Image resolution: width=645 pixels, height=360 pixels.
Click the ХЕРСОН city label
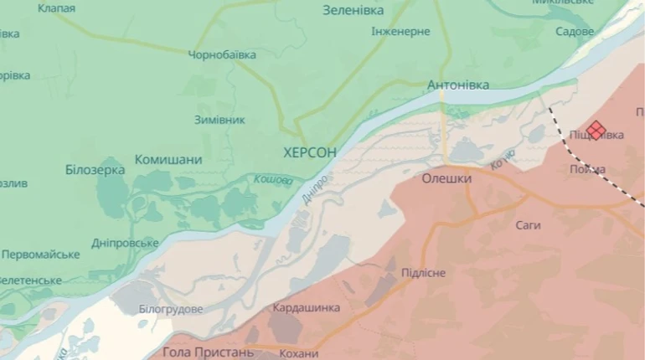point(310,152)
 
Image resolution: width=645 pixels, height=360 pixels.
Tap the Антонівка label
point(457,85)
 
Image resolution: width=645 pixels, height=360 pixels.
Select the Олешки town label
point(446,178)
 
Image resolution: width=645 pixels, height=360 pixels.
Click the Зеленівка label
point(353,11)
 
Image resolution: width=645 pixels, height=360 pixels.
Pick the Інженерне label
point(400,32)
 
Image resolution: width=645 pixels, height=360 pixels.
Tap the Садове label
point(575,31)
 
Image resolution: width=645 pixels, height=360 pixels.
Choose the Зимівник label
point(219,120)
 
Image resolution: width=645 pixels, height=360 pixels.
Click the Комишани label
point(168,160)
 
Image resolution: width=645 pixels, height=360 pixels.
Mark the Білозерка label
point(95,170)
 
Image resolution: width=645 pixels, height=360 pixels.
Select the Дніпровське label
point(125,243)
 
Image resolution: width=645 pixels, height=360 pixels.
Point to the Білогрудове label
point(171,309)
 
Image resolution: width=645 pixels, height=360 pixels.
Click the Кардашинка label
point(307,307)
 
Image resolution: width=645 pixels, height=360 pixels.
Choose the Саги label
point(528,225)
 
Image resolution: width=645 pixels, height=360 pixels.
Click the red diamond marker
point(596,130)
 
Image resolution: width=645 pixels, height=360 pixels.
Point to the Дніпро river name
point(314,191)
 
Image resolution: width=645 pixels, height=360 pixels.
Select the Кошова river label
point(273,180)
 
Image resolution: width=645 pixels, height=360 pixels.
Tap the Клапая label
point(56,8)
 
